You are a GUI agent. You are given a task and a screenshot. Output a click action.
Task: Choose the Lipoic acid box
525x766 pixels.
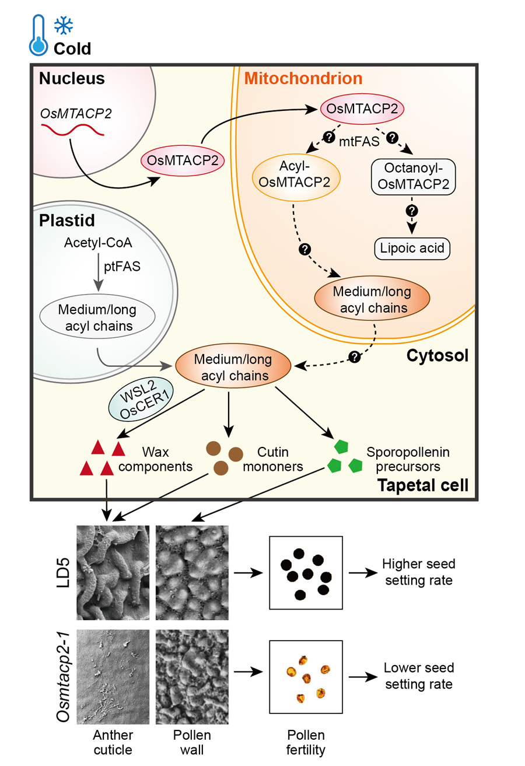pos(412,248)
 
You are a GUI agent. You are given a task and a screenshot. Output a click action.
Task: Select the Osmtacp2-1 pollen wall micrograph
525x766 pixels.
pos(191,676)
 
